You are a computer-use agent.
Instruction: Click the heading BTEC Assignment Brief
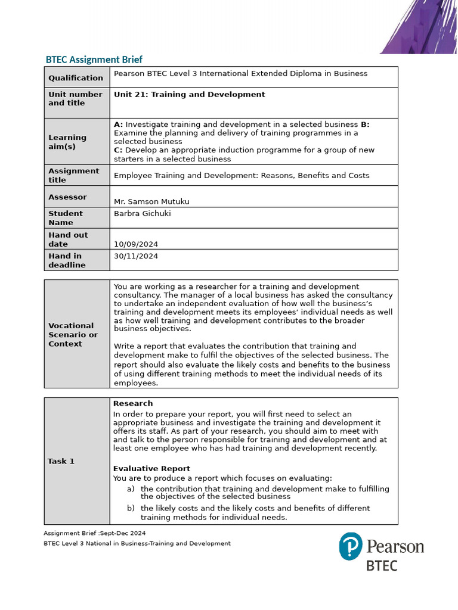94,60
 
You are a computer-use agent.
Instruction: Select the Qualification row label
76,78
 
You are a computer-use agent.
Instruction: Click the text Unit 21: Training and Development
189,95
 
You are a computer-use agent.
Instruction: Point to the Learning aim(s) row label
67,142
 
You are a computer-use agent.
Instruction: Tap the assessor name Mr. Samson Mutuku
151,201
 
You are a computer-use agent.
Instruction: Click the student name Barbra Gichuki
142,213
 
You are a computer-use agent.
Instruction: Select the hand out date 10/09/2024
136,244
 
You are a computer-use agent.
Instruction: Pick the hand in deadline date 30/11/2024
136,256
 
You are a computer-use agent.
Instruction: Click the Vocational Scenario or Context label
73,335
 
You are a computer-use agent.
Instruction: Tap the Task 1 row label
61,461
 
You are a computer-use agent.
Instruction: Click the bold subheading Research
133,403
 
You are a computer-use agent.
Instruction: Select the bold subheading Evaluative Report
151,469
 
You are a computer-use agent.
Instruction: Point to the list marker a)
131,489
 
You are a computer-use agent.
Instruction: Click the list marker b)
131,509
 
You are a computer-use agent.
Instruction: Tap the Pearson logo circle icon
351,546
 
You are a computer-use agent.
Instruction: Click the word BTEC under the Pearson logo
382,565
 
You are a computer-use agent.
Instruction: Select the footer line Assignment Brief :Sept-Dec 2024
94,533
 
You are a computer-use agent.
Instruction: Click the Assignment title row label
74,175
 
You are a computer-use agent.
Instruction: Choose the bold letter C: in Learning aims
118,150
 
